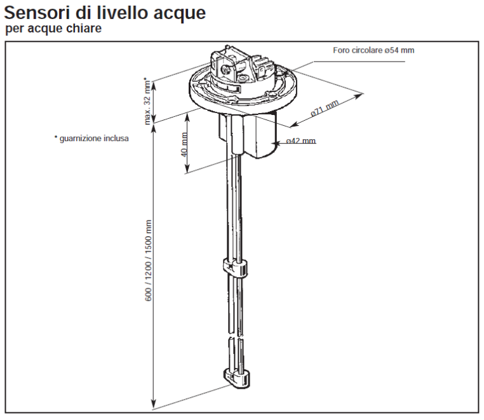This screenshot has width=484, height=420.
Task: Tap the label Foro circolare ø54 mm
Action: [x=373, y=50]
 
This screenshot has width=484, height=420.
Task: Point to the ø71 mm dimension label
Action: [x=325, y=109]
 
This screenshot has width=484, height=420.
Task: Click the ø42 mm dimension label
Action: [x=300, y=141]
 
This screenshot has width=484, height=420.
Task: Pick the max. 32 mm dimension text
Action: [x=147, y=100]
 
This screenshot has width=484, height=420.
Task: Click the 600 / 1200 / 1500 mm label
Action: [x=149, y=260]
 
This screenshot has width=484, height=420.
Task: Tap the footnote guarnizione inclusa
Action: [x=91, y=137]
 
